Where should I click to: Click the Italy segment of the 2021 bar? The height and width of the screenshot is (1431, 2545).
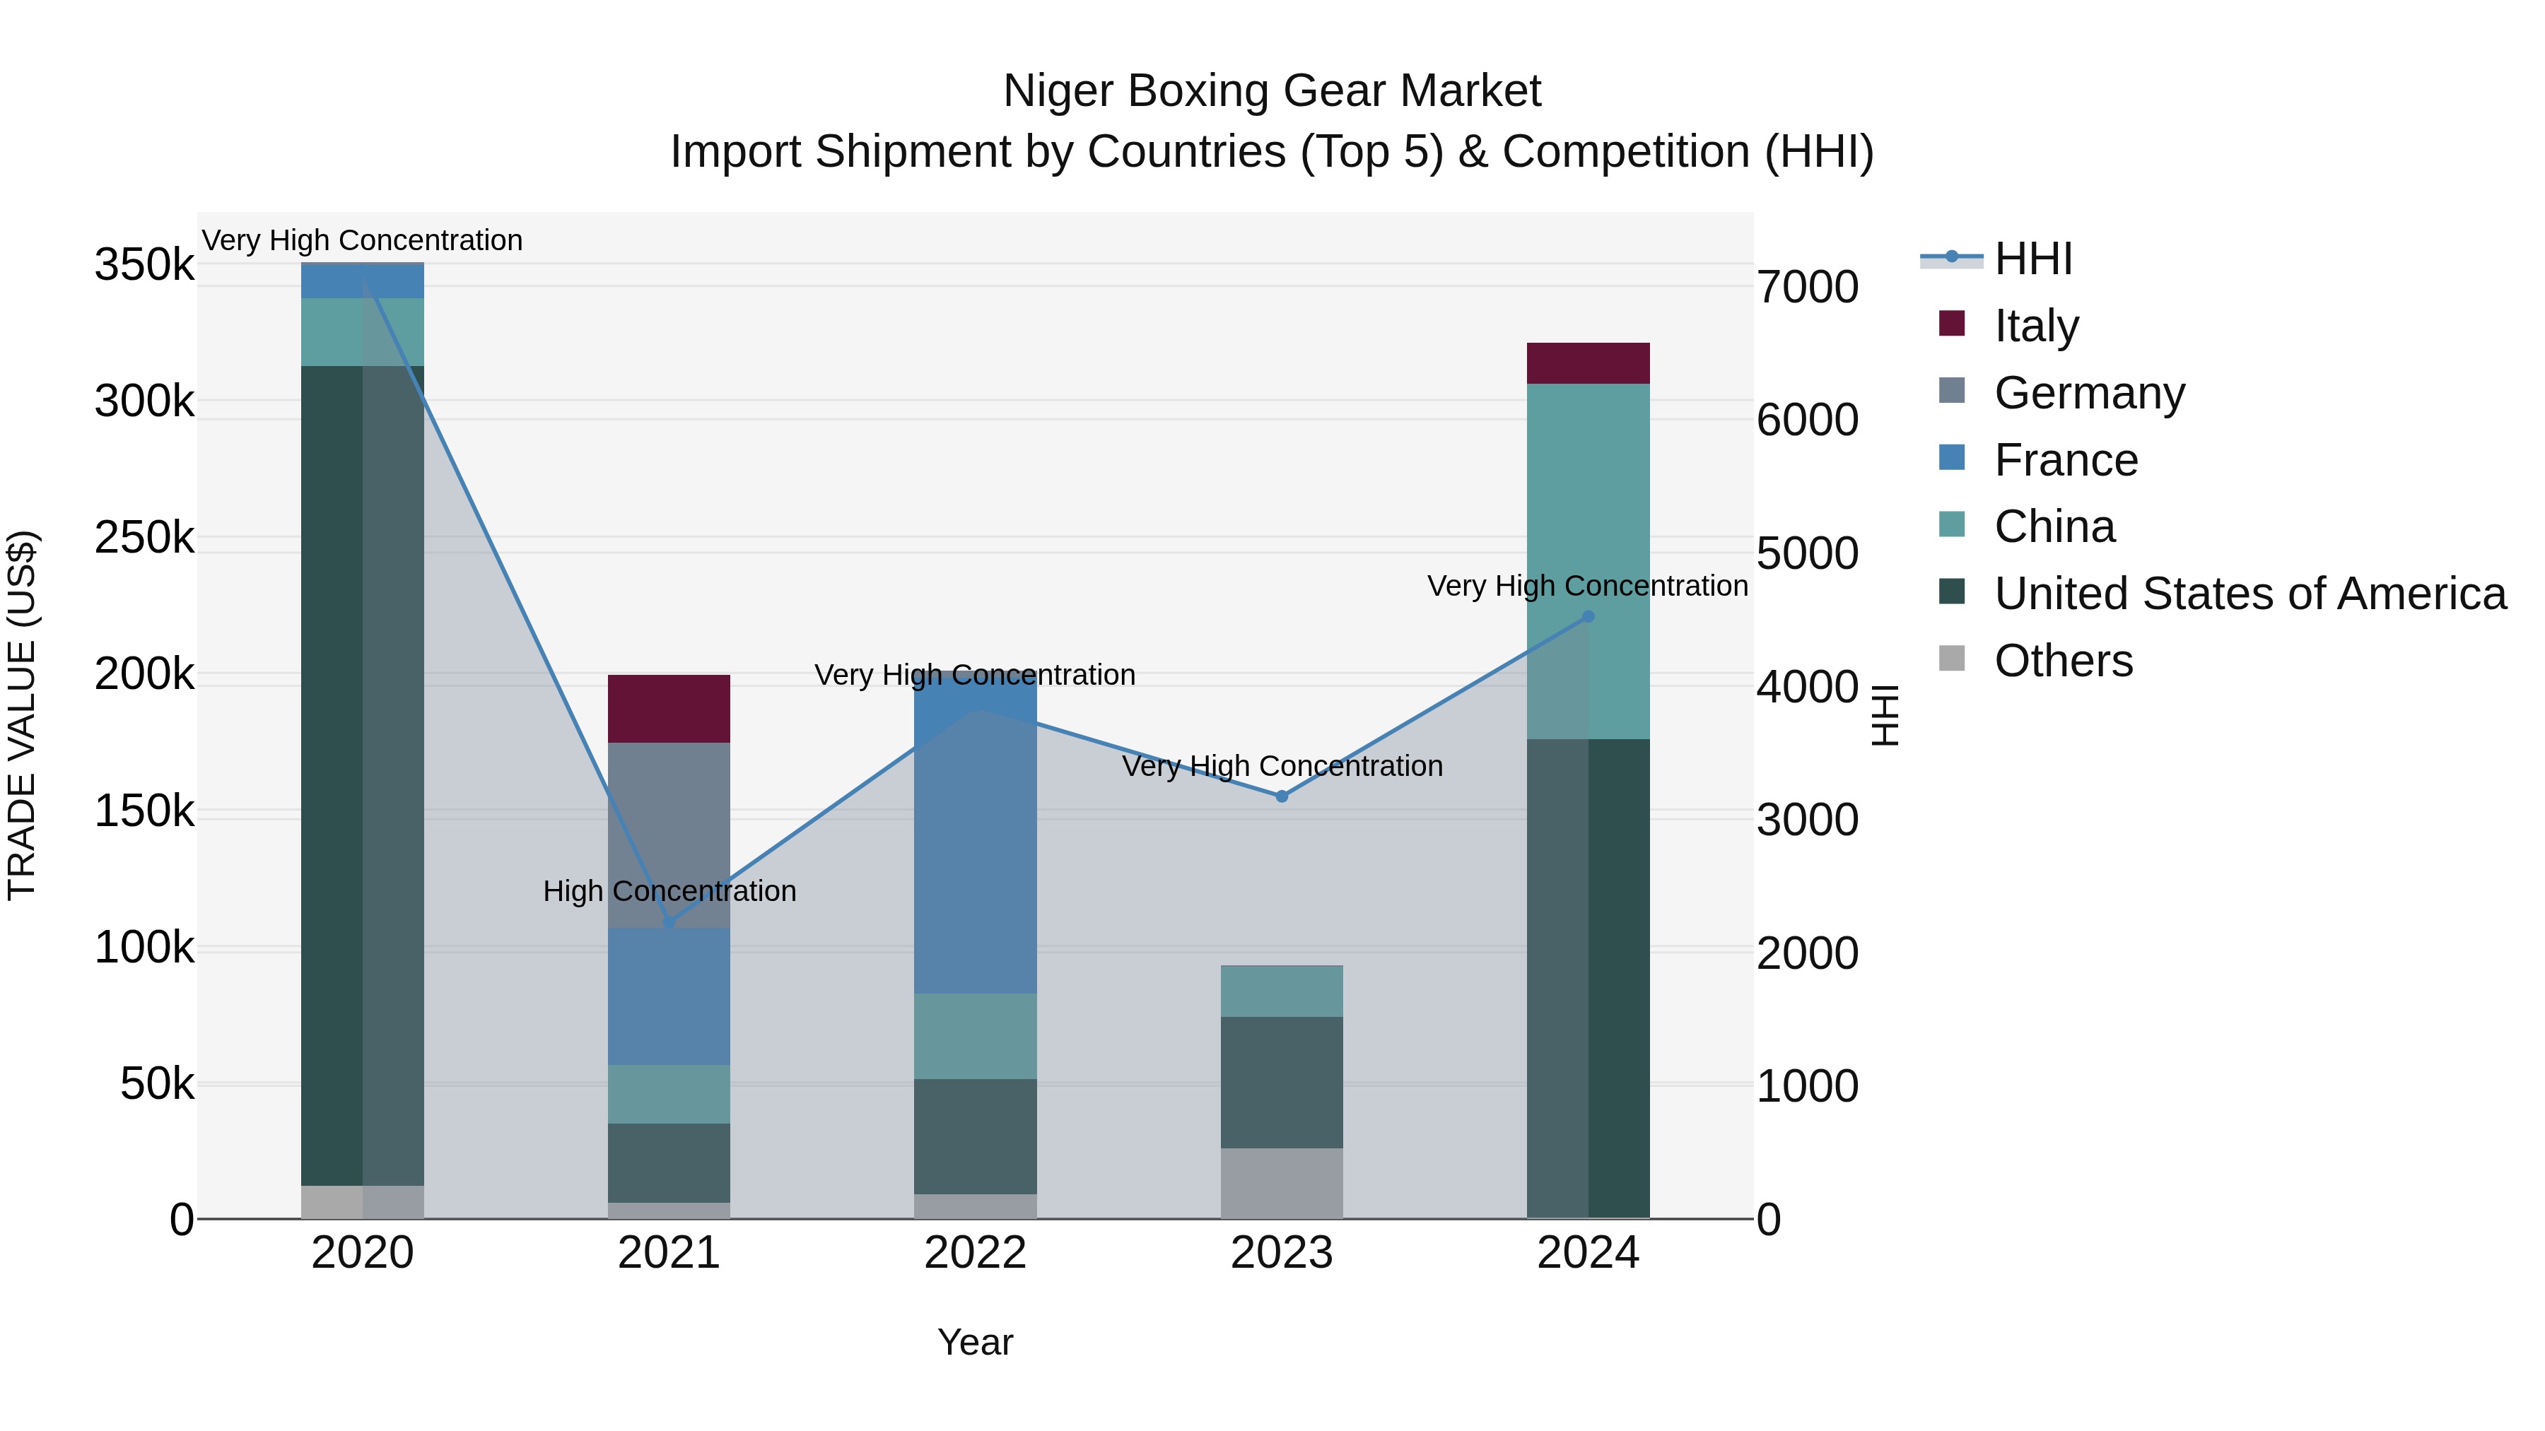[668, 708]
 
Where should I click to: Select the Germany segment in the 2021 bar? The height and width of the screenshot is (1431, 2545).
[668, 835]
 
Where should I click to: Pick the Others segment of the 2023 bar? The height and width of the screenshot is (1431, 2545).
[1282, 1182]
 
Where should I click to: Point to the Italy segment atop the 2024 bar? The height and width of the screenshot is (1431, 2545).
[1588, 363]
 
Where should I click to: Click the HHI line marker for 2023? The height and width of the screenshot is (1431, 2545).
[1282, 796]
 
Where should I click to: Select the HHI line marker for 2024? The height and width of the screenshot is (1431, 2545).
[1588, 616]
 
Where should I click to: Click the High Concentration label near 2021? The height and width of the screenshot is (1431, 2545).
[669, 891]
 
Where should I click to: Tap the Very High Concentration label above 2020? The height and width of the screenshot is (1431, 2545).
[361, 240]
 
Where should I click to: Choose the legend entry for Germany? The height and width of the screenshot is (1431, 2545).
[2088, 393]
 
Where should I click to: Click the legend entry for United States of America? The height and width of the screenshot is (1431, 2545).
[2249, 594]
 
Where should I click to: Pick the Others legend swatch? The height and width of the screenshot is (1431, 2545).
[1951, 658]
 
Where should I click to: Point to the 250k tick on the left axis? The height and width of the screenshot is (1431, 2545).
[144, 538]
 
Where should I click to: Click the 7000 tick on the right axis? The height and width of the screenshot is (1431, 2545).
[1807, 288]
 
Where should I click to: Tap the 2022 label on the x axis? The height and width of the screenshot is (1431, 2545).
[974, 1253]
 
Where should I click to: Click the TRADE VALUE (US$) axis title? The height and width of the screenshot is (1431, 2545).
[22, 715]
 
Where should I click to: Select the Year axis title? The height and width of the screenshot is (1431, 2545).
[974, 1342]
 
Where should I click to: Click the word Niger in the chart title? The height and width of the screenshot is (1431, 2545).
[1055, 91]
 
